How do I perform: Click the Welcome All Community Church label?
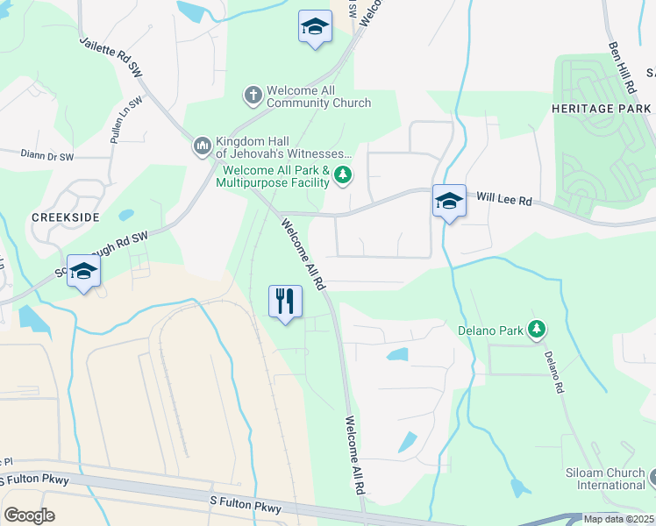(318, 96)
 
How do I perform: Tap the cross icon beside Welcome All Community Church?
(253, 93)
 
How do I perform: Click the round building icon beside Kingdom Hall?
(202, 144)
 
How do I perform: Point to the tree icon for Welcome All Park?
(343, 176)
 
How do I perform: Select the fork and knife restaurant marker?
(285, 301)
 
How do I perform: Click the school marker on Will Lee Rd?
(449, 200)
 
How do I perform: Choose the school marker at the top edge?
(314, 26)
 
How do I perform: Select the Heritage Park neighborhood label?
(603, 108)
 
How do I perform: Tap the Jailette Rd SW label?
(111, 54)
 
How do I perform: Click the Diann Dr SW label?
(48, 153)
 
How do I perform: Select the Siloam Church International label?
(605, 479)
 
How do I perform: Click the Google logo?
(29, 515)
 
